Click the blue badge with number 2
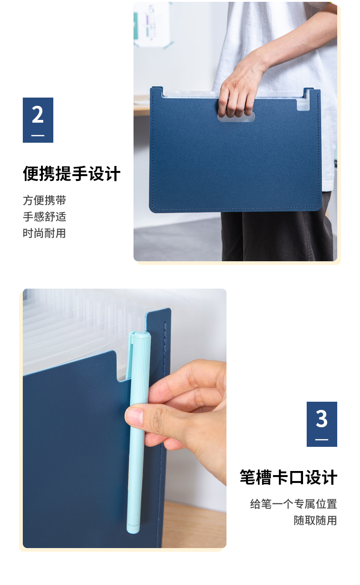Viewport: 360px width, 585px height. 38,120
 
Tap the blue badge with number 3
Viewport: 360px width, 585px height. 322,424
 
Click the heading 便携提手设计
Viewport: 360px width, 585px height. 72,174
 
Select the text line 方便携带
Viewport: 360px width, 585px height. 44,200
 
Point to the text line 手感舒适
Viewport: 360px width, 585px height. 44,217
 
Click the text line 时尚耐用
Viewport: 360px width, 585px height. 44,233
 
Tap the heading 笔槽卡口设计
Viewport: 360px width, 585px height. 288,477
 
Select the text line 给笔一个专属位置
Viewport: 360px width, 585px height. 293,504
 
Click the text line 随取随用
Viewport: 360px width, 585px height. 315,520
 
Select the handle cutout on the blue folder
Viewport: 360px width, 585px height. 236,117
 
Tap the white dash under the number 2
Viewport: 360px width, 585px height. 38,135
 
